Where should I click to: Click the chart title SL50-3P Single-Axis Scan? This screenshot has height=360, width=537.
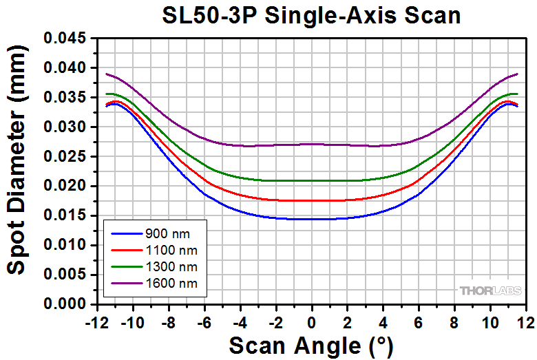point(311,15)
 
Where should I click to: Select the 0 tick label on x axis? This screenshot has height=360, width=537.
point(311,320)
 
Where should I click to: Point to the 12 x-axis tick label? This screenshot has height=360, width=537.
point(525,320)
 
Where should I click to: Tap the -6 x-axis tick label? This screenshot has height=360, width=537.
point(204,320)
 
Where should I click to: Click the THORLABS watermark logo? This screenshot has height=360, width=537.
point(489,290)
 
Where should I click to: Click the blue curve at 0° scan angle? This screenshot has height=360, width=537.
point(311,219)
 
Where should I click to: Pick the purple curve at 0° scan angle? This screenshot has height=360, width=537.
point(311,144)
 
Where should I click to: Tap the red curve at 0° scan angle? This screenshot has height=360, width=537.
point(311,200)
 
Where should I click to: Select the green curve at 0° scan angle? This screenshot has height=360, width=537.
point(311,180)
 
